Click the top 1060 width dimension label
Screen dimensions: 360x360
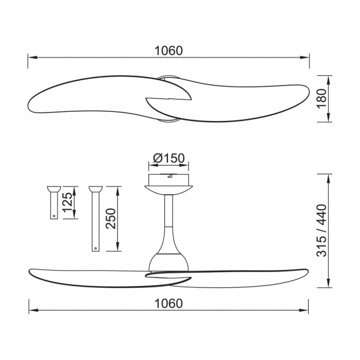(x=169, y=51)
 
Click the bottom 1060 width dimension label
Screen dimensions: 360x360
(x=169, y=303)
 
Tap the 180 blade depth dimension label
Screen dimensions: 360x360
(x=321, y=98)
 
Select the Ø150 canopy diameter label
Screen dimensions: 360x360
(x=169, y=158)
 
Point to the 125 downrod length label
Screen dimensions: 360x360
(x=67, y=202)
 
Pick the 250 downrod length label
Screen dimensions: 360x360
(x=111, y=219)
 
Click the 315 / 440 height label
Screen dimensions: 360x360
(x=321, y=230)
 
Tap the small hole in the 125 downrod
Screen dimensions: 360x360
(x=54, y=216)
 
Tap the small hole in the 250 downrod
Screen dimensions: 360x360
(x=95, y=248)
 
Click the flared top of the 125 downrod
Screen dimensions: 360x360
(x=54, y=189)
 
